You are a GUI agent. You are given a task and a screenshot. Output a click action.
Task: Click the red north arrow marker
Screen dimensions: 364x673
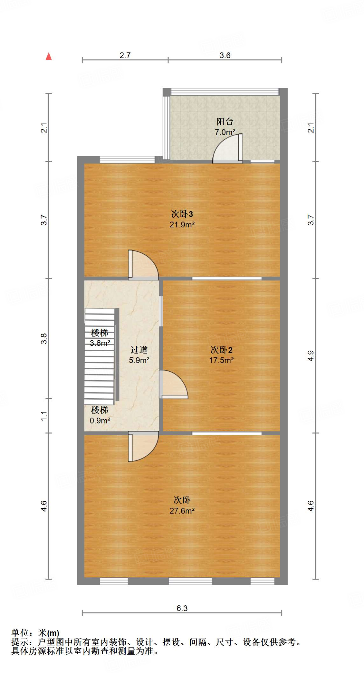pyautogui.click(x=49, y=57)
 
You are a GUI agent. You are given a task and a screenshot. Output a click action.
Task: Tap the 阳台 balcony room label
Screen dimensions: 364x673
pyautogui.click(x=225, y=122)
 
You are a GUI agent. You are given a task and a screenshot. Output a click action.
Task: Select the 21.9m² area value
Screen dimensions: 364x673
pyautogui.click(x=182, y=225)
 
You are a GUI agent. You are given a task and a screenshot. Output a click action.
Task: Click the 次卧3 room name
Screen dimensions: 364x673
pyautogui.click(x=182, y=214)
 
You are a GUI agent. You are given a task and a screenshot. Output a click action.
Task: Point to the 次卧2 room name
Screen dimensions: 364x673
pyautogui.click(x=221, y=350)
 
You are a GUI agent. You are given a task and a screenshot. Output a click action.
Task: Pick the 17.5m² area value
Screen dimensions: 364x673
pyautogui.click(x=221, y=360)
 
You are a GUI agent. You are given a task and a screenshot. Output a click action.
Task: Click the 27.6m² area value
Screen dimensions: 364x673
pyautogui.click(x=182, y=511)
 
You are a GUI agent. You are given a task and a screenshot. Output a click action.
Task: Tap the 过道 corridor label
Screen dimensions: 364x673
pyautogui.click(x=139, y=350)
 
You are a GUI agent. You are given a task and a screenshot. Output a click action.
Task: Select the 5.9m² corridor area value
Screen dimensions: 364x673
pyautogui.click(x=139, y=360)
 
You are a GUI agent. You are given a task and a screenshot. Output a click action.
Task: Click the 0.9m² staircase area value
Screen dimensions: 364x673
pyautogui.click(x=100, y=421)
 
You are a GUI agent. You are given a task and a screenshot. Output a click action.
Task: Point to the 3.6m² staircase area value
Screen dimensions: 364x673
pyautogui.click(x=100, y=343)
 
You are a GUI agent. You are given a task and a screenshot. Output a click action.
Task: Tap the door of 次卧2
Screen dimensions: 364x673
pyautogui.click(x=173, y=384)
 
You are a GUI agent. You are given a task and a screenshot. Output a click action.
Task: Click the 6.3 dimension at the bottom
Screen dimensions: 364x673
pyautogui.click(x=182, y=608)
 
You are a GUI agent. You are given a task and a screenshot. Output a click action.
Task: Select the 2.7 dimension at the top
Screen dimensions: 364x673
pyautogui.click(x=125, y=55)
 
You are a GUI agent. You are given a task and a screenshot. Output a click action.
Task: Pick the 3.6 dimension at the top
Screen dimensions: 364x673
pyautogui.click(x=225, y=55)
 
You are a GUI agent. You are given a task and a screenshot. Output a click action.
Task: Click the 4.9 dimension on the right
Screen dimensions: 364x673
pyautogui.click(x=311, y=356)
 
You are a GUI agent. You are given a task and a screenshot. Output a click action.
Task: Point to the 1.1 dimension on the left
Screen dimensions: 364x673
pyautogui.click(x=44, y=416)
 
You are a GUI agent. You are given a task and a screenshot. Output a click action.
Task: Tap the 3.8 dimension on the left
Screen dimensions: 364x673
pyautogui.click(x=44, y=338)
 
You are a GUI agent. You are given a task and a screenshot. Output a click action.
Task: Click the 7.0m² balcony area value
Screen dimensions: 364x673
pyautogui.click(x=225, y=132)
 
